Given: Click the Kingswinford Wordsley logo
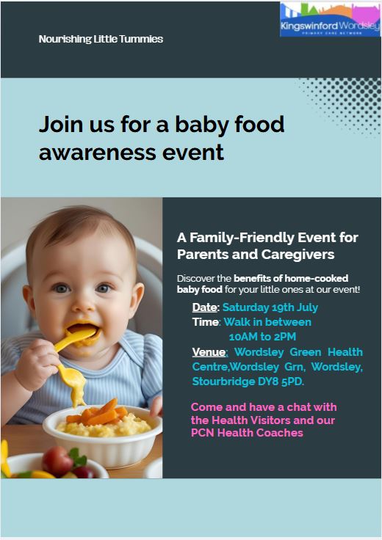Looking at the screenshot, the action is tap(331, 19).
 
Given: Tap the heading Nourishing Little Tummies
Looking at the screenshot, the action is tap(101, 39).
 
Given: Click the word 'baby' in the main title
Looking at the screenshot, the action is tap(202, 124).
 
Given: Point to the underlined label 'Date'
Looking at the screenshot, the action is tap(205, 307).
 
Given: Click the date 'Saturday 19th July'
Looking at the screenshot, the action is tap(270, 307).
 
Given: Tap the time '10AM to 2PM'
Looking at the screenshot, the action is tap(262, 337).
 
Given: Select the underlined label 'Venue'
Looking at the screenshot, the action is tap(209, 352).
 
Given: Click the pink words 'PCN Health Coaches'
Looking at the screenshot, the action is tap(247, 433).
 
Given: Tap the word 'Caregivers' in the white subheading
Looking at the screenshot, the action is tap(298, 255).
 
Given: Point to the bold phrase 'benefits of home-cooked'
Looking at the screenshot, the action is tap(291, 278).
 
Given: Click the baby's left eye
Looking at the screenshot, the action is tap(103, 288).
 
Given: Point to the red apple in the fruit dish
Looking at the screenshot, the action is tap(57, 461).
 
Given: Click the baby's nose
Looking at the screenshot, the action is tap(84, 304).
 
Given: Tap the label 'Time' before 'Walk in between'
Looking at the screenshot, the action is tap(205, 322).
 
